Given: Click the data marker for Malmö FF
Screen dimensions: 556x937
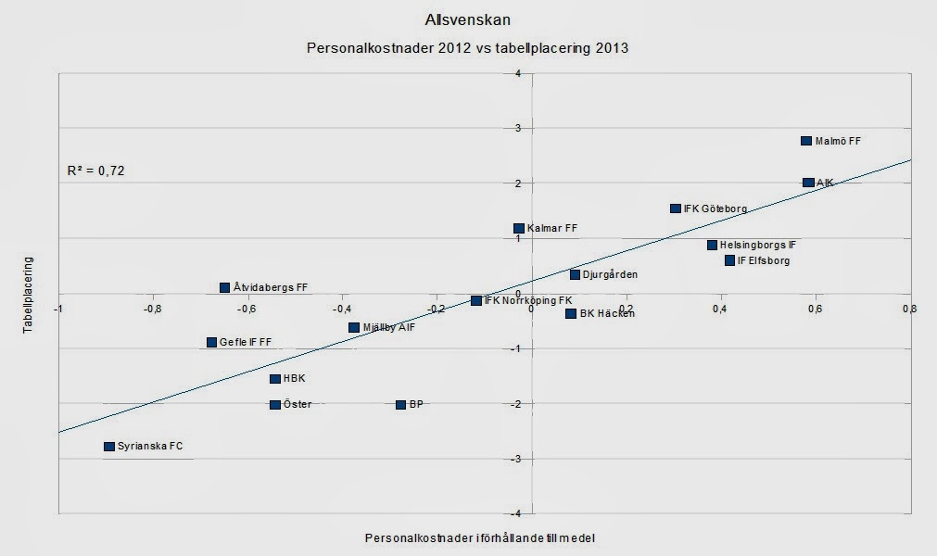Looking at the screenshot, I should pos(806,141).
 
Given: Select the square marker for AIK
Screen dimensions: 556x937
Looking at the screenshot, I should pos(808,183).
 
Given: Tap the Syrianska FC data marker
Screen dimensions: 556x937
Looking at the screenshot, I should pos(109,446).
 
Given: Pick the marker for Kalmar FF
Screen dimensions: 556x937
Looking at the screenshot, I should pos(519,228).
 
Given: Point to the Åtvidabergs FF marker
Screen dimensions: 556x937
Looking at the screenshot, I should pos(224,287).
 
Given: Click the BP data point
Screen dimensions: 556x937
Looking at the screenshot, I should pos(400,404).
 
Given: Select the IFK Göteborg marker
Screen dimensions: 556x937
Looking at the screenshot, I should pos(676,208).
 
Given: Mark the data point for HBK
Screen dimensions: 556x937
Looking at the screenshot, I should pos(275,378).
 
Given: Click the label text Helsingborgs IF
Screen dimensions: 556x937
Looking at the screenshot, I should pos(757,246).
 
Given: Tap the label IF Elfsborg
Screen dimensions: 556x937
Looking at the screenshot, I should pos(764,261).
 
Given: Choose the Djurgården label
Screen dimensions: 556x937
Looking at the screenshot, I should pos(610,275).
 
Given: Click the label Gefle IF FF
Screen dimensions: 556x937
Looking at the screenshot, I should pos(246,342).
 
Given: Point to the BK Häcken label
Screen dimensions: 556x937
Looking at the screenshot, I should pos(607,314).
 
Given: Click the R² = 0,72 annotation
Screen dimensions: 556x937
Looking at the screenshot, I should pos(95,171).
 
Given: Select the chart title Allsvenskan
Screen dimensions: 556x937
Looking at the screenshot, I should pos(467,19).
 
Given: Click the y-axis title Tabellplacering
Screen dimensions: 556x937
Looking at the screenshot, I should pos(29,295).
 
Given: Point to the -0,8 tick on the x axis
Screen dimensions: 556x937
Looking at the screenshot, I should pos(152,310).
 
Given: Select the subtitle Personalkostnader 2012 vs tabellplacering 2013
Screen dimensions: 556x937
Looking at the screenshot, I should pos(467,47).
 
